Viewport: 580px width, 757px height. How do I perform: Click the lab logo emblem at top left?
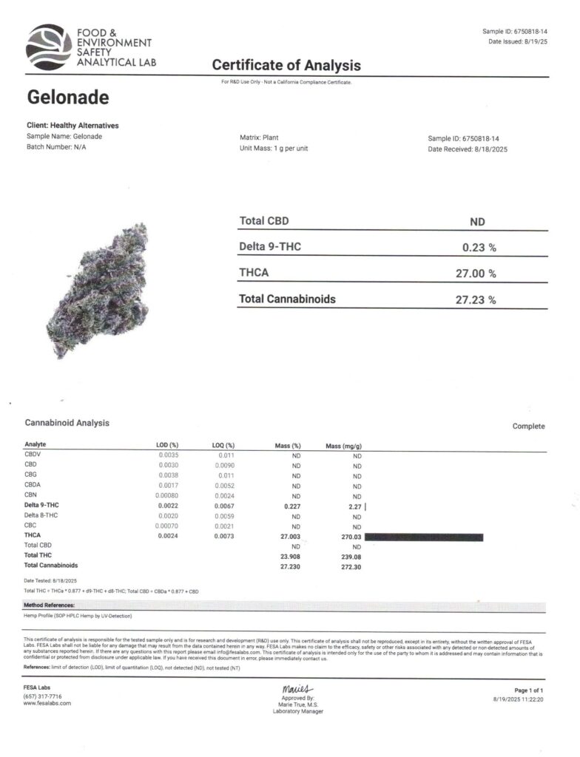click(49, 46)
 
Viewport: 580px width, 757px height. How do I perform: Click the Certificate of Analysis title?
click(286, 66)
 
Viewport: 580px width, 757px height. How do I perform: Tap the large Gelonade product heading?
click(68, 97)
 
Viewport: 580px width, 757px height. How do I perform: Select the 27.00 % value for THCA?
click(475, 274)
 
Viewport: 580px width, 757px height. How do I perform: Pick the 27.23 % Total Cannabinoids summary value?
click(475, 299)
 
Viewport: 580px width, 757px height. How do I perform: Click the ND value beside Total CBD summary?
click(477, 222)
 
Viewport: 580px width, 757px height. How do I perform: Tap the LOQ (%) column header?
click(223, 446)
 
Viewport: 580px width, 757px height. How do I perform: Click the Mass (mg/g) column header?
click(343, 446)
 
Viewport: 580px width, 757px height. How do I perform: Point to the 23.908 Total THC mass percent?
click(289, 557)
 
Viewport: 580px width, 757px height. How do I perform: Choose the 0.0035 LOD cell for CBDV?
click(169, 455)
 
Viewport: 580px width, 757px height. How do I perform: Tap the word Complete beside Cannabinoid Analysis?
click(528, 427)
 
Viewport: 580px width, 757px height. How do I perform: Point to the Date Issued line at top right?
click(516, 41)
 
